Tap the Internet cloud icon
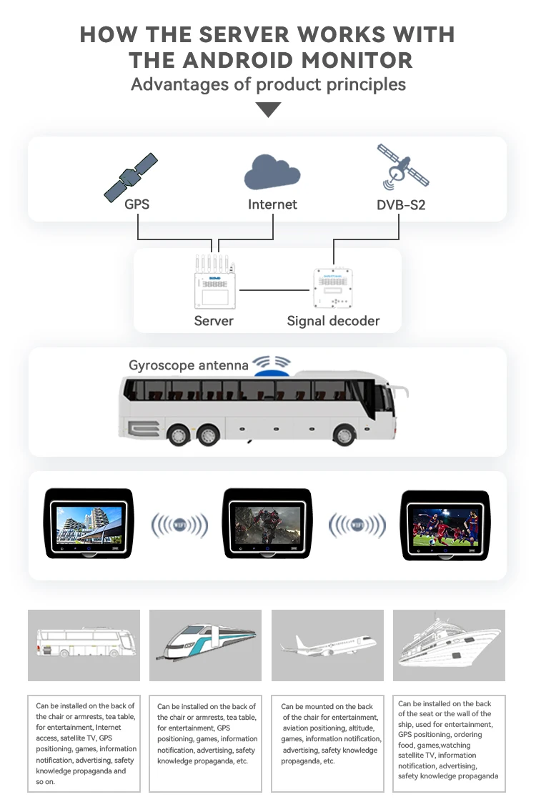coord(272,172)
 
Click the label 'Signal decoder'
coord(333,321)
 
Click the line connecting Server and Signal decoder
coord(275,289)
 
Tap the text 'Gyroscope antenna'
coord(189,365)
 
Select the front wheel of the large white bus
coord(344,433)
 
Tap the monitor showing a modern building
coord(89,523)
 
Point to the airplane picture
coord(327,643)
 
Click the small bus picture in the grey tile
coord(85,643)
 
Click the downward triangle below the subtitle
coord(268,110)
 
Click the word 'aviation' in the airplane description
coord(304,728)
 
